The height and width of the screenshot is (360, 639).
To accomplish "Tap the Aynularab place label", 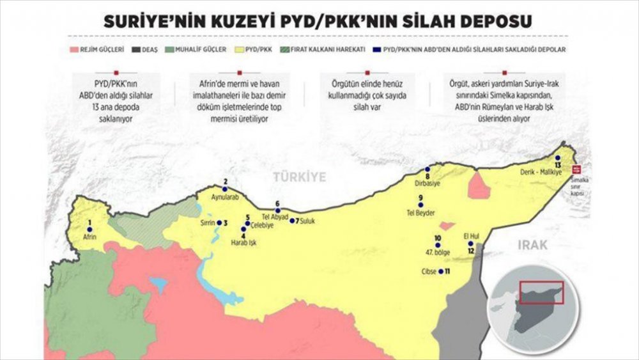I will point(224,198).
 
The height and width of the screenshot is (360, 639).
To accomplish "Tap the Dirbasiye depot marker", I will point(427,169).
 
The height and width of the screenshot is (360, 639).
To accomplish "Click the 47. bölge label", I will point(437,253).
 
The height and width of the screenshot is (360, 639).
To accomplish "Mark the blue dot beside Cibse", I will point(441,272).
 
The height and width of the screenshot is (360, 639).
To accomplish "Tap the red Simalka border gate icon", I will point(578,169).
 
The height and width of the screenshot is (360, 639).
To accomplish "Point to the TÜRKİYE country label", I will point(299,176).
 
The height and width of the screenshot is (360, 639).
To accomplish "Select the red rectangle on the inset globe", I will point(541,292).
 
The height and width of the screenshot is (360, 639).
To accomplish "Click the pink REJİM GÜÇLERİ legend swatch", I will point(74,49).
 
